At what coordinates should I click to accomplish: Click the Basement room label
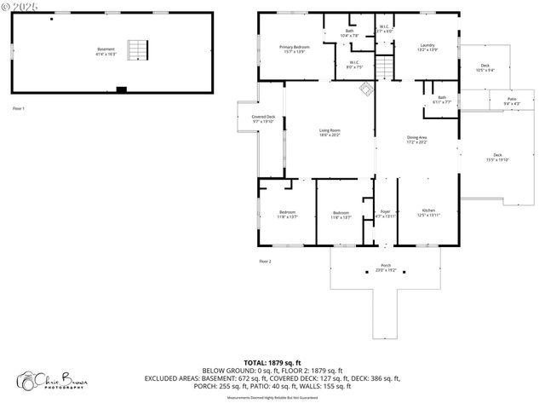[x=106, y=50]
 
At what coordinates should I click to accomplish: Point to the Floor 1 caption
[x=19, y=108]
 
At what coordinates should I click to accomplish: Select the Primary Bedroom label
[x=294, y=49]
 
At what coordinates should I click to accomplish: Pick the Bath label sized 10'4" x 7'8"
[x=349, y=33]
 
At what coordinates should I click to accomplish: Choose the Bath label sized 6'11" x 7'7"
[x=442, y=100]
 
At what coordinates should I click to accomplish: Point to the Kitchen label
[x=428, y=213]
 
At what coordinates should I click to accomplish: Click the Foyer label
[x=385, y=213]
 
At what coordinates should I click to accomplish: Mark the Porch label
[x=386, y=268]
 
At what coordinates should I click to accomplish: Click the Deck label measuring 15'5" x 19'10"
[x=496, y=158]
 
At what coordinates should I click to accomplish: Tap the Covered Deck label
[x=263, y=119]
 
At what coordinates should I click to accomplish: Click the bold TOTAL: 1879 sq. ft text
[x=273, y=362]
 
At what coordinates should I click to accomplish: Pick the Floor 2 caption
[x=265, y=261]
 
